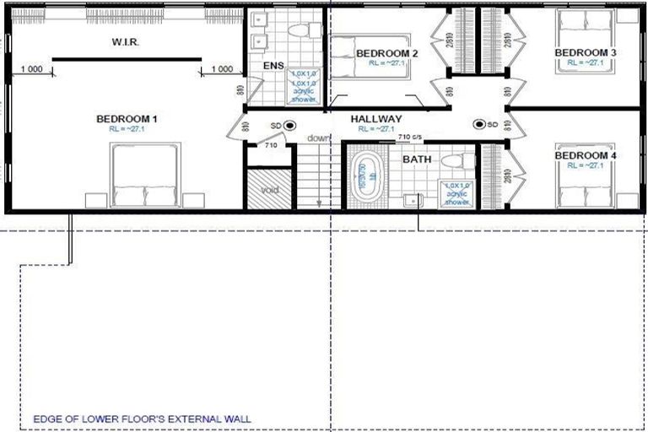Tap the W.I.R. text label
coord(124,42)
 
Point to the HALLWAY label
coord(376,119)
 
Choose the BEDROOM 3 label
coord(585,52)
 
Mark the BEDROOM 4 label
coord(585,156)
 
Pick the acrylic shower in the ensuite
coord(304,87)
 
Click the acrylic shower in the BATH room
coord(456,193)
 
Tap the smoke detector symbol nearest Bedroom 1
coord(289,126)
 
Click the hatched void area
coord(268,188)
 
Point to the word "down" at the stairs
coord(318,138)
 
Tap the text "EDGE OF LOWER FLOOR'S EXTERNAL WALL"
coord(141,418)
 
